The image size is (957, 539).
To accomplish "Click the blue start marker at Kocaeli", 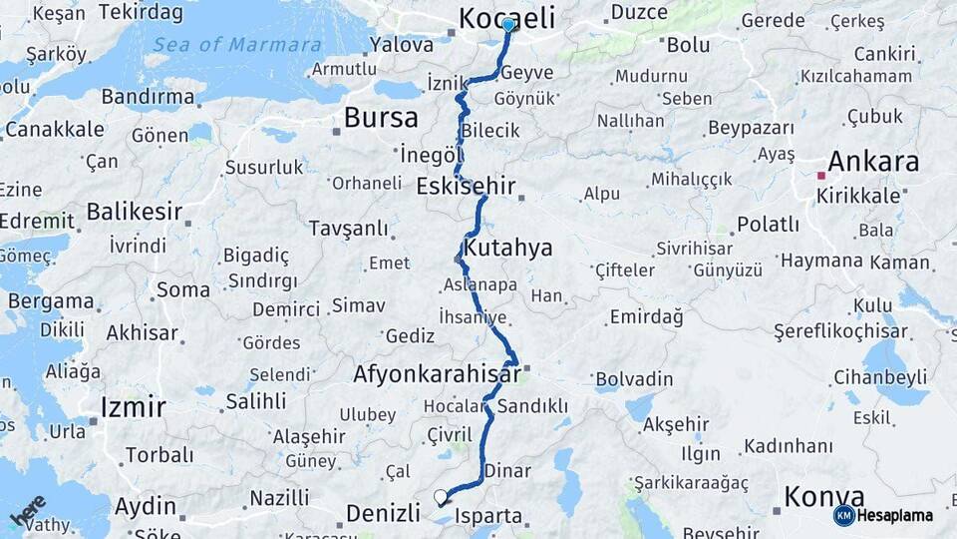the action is pos(508,25).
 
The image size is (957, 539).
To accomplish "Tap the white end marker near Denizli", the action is pos(441,496).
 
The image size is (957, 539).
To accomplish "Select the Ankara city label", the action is pos(873,162).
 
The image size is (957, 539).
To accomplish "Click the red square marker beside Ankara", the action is pos(821,176).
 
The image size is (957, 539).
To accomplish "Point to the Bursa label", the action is pos(381,118).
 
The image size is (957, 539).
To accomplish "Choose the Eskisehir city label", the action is pos(466,186).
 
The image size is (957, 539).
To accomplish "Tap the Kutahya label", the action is pos(508,248).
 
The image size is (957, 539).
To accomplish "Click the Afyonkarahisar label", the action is pos(437,374).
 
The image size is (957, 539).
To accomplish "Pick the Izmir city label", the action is pos(133,406).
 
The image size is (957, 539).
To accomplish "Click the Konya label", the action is pos(823,496).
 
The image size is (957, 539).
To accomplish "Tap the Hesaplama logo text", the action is pos(896,515).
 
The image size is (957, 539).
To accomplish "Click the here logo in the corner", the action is pos(29,512).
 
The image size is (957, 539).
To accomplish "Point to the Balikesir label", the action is pos(135,212).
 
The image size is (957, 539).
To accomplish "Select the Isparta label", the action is pos(487,516).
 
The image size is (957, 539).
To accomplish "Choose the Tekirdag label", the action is pos(141,13).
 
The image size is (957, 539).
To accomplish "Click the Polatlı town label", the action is pos(768,224).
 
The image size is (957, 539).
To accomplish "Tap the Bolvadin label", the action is pos(633,379).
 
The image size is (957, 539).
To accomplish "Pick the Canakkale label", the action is pos(54,129).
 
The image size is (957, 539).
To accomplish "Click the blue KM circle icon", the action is pos(843,515).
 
